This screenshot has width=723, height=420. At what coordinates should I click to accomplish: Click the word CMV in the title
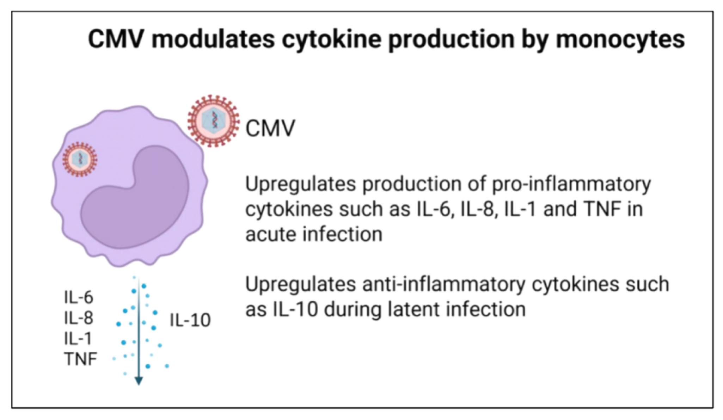click(x=116, y=39)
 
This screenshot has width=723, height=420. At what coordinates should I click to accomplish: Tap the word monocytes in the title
click(x=620, y=39)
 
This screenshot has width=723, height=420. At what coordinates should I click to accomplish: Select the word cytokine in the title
click(x=331, y=39)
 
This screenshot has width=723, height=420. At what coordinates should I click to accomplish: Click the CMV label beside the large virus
click(x=270, y=128)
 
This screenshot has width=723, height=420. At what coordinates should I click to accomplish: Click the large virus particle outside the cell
click(x=213, y=121)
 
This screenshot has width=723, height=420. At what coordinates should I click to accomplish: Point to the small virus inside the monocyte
click(x=80, y=159)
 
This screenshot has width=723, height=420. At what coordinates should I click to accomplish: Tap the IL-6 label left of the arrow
click(x=79, y=297)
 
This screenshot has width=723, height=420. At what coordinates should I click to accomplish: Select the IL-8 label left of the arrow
click(x=79, y=318)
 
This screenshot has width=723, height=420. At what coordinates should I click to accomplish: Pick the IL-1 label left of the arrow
click(x=78, y=339)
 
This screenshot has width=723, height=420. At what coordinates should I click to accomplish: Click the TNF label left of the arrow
click(x=81, y=359)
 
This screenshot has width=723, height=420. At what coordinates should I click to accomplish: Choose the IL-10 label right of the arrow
click(x=190, y=320)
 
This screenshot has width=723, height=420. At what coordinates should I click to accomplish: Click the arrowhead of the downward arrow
click(x=139, y=381)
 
